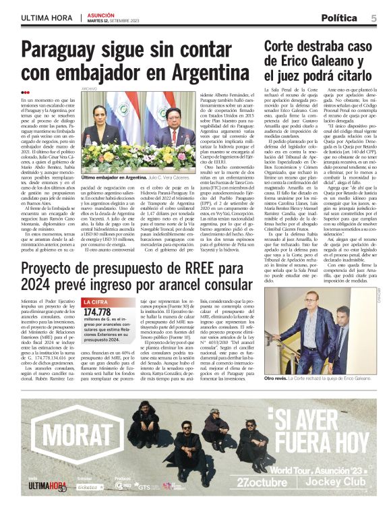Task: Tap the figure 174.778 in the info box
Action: point(98,312)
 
